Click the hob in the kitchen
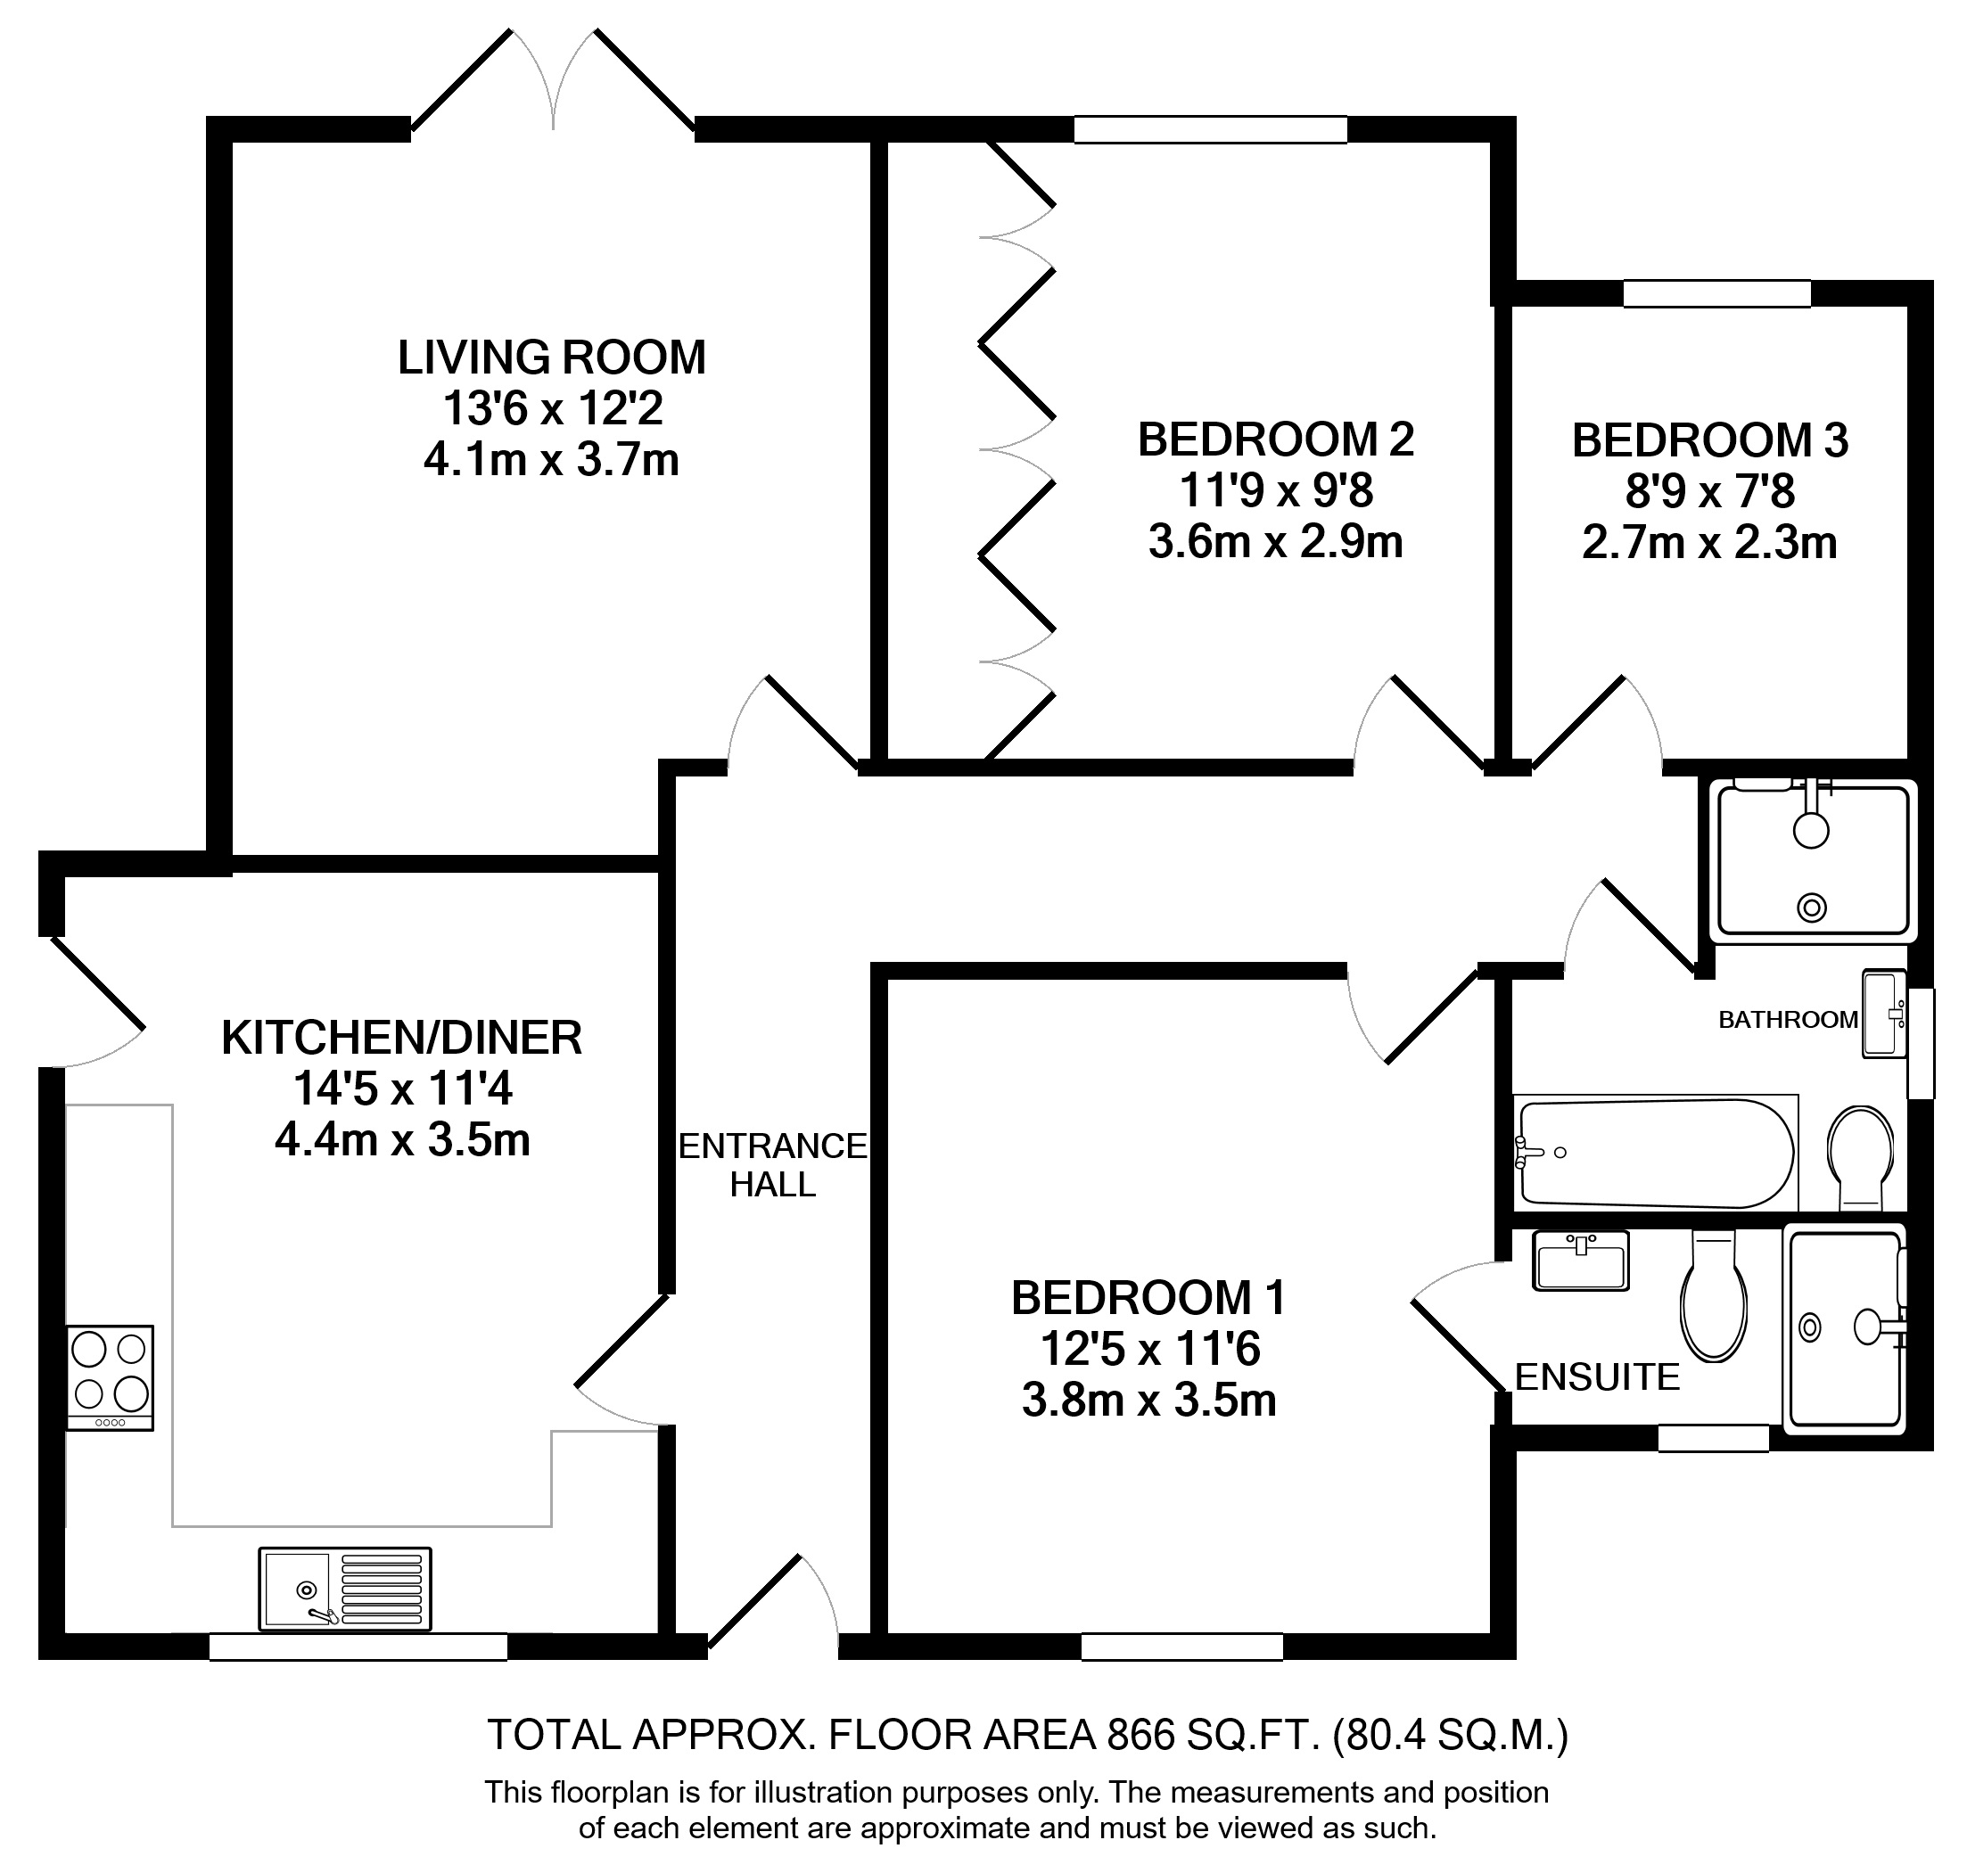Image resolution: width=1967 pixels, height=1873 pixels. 110,1378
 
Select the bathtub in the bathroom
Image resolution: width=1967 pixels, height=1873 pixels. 1656,1154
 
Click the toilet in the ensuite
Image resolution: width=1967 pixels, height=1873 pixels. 1714,1295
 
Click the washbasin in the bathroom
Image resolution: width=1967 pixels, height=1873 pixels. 1885,1014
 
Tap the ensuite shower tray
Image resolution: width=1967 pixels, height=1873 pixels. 1845,1329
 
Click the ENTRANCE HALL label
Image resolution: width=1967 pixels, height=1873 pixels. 773,1164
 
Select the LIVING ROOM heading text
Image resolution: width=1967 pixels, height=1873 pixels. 552,357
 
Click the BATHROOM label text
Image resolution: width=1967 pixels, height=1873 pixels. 1789,1019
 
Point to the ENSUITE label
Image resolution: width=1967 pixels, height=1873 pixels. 1598,1378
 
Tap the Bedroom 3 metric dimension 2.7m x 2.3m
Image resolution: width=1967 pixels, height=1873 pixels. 1709,543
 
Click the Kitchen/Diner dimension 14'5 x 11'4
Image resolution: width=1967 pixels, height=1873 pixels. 402,1088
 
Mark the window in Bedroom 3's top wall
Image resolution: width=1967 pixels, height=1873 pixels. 1716,292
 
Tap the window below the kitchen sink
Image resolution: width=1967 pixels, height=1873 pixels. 358,1647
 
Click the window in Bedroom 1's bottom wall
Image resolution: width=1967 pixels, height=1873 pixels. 1182,1647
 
